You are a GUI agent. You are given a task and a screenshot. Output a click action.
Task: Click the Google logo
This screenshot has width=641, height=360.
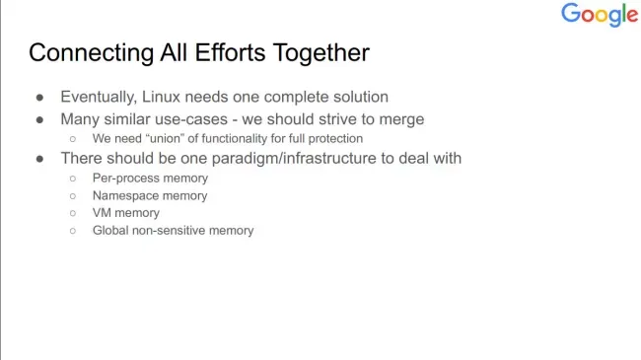(600, 15)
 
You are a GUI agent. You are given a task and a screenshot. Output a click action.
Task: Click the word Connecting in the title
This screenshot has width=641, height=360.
(92, 53)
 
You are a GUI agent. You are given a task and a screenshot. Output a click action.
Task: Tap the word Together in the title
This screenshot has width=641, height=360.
(320, 53)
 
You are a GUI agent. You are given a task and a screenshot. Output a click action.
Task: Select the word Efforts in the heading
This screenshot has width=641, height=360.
(230, 52)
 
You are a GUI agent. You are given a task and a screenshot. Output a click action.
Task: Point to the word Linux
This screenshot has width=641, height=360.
(161, 97)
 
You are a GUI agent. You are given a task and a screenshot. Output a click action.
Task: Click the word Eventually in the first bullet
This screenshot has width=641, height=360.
(98, 98)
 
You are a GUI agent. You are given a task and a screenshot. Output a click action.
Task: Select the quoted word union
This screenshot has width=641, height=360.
(166, 138)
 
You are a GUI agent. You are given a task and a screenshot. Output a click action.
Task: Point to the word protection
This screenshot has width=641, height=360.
(335, 139)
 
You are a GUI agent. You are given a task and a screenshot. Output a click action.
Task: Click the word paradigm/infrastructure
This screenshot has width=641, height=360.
(294, 159)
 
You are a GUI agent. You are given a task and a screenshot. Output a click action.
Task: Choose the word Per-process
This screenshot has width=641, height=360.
(119, 179)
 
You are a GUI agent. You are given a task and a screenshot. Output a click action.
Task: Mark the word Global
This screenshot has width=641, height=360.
(110, 231)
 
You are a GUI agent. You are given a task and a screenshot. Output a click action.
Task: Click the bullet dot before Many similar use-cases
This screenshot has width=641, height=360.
(39, 120)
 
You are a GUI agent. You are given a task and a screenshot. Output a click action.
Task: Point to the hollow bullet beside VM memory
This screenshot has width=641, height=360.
(73, 213)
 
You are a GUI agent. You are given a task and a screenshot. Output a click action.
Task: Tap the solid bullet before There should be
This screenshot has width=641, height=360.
(39, 159)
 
